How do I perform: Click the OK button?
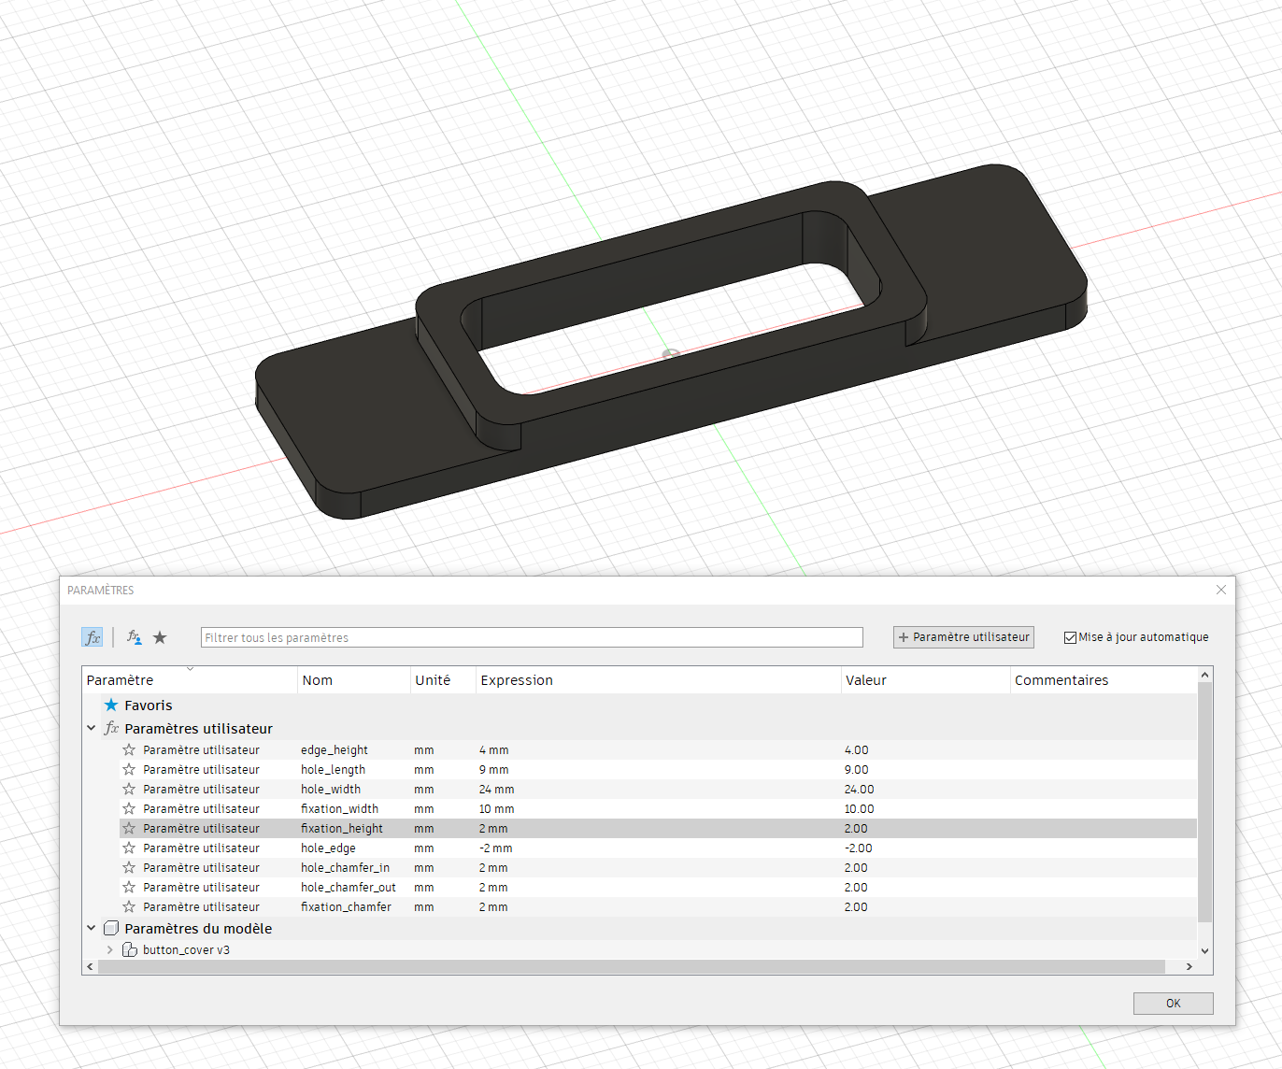coord(1173,1003)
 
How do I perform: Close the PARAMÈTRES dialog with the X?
coord(1220,590)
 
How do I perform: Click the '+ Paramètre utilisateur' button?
coord(963,637)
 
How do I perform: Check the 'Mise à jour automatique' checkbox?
coord(1070,637)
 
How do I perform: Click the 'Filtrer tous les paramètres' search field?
coord(531,637)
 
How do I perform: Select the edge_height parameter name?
coord(335,750)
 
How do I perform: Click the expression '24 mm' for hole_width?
coord(496,790)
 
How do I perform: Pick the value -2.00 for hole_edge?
coord(858,848)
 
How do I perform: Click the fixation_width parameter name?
coord(339,809)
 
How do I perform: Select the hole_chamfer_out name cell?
coord(348,888)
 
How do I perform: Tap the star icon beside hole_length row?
coord(129,770)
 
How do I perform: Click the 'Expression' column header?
coord(517,680)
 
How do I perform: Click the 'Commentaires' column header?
coord(1061,680)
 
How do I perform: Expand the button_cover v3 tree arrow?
coord(109,950)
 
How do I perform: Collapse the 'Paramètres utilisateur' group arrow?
coord(91,729)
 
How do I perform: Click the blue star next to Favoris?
coord(111,706)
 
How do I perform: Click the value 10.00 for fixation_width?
coord(859,809)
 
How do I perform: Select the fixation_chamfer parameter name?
coord(346,907)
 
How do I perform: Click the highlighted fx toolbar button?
coord(92,637)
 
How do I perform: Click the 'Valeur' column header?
coord(865,680)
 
